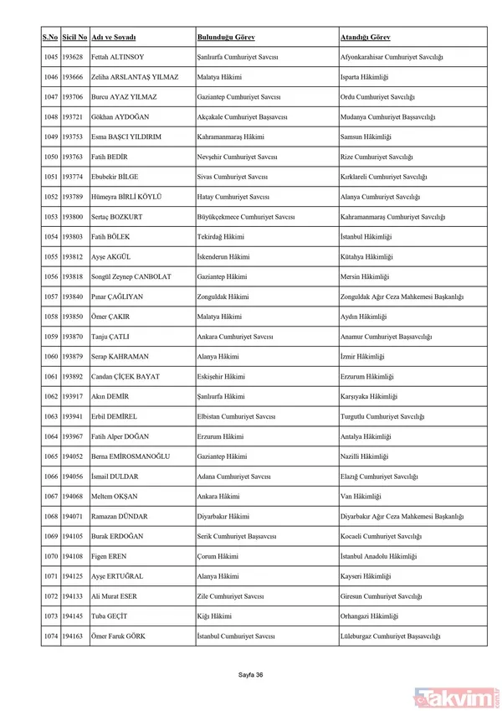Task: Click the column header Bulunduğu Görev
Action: click(226, 38)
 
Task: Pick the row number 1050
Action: click(50, 157)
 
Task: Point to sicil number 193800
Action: click(73, 217)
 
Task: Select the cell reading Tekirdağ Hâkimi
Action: click(219, 237)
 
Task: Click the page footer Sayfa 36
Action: click(251, 673)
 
